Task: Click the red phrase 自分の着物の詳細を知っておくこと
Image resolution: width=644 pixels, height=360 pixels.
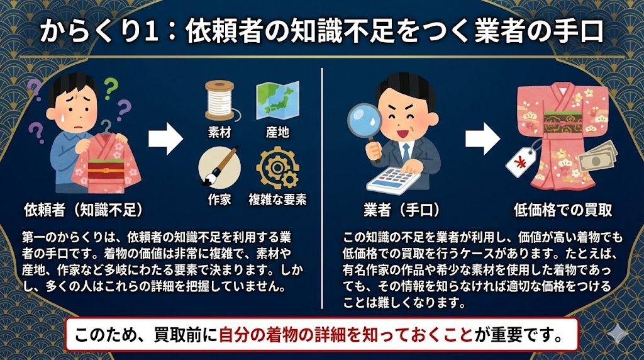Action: pos(345,334)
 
